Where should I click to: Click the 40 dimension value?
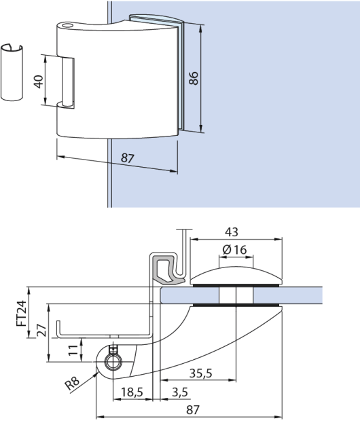39,81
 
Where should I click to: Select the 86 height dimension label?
194,78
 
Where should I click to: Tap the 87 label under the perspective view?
127,158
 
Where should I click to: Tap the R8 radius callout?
74,385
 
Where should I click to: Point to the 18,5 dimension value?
132,392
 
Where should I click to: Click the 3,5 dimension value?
180,392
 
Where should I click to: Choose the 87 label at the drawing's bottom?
192,409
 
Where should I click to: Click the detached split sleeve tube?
12,72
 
